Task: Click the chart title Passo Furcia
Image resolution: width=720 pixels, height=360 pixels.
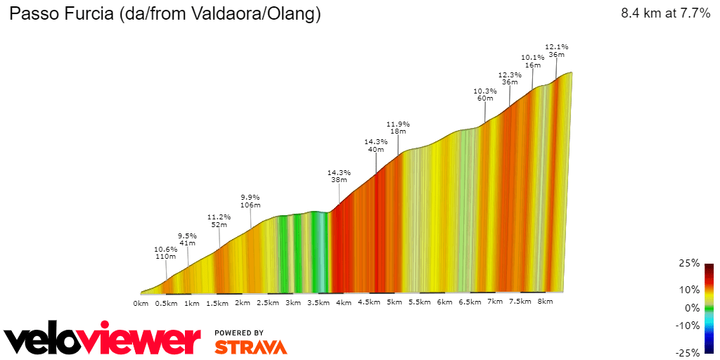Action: click(165, 14)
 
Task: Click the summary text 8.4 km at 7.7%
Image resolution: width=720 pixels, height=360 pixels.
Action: click(665, 14)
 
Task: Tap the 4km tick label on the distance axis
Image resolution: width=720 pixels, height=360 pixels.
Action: click(343, 302)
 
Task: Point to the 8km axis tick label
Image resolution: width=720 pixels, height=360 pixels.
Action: click(545, 302)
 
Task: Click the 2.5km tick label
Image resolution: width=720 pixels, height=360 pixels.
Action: click(267, 302)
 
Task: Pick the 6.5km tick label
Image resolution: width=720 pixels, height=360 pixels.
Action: click(470, 302)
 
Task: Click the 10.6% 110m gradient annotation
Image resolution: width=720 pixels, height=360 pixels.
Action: click(166, 252)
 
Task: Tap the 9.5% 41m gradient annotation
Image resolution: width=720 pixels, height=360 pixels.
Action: click(187, 239)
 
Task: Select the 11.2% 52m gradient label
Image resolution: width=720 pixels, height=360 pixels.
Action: click(219, 221)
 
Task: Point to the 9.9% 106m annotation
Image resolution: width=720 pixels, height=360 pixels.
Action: click(250, 201)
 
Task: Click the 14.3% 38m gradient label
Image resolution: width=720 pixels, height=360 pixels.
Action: click(339, 176)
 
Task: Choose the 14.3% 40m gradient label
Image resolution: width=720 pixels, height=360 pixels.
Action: click(376, 146)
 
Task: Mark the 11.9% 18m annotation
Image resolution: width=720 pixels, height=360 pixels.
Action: click(398, 128)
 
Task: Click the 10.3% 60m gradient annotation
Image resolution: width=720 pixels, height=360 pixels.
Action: click(485, 95)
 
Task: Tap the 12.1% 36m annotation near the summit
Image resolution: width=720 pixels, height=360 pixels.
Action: click(557, 51)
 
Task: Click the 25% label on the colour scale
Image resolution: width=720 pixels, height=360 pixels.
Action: click(690, 263)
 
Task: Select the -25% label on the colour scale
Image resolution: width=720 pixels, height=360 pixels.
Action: click(688, 352)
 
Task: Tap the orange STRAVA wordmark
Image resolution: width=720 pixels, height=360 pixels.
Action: click(250, 347)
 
